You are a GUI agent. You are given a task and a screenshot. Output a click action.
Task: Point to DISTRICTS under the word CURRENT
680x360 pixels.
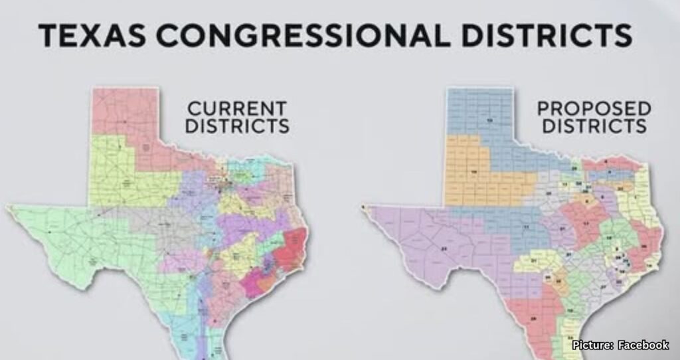coord(236,126)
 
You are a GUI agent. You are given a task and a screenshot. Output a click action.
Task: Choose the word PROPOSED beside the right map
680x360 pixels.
coord(594,108)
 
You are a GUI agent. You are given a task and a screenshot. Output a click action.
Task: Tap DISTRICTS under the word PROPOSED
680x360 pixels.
coord(594,126)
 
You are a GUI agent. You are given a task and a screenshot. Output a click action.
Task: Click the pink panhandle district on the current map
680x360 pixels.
coord(123,113)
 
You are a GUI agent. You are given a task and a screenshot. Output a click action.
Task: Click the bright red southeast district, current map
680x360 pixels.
coord(292,246)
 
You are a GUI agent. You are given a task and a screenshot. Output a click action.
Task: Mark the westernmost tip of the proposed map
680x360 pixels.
coord(363,208)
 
